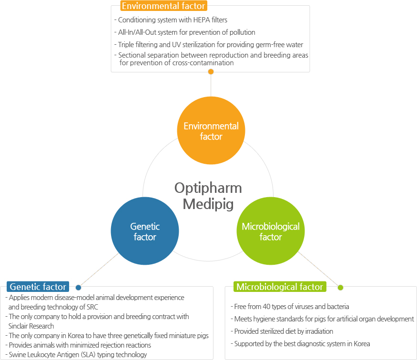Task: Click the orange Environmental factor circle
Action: click(x=211, y=130)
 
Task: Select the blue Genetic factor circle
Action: click(x=145, y=231)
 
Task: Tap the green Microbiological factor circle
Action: click(x=271, y=231)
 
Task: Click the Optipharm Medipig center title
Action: click(x=208, y=196)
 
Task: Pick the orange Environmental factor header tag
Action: click(x=163, y=6)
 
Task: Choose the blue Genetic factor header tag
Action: click(x=38, y=287)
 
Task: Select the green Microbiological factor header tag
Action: click(x=280, y=287)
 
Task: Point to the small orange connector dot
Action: click(x=211, y=72)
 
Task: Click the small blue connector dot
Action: click(x=78, y=288)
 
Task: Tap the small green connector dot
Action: click(x=340, y=288)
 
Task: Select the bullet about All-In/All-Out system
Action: click(x=185, y=32)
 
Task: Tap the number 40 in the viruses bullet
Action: click(x=266, y=307)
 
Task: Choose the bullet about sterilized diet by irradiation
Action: click(x=282, y=331)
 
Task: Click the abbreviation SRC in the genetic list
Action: click(x=92, y=307)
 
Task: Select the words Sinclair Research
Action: click(x=31, y=326)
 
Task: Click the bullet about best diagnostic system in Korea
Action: click(x=300, y=344)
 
